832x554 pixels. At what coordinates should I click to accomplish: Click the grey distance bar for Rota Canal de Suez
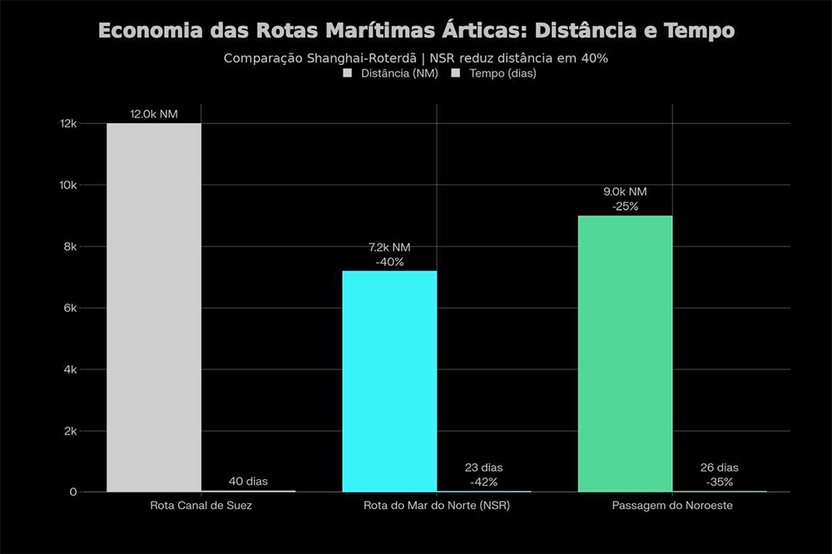pyautogui.click(x=154, y=308)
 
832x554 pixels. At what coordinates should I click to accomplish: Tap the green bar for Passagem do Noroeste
pyautogui.click(x=625, y=354)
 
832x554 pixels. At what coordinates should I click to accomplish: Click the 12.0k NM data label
pyautogui.click(x=154, y=114)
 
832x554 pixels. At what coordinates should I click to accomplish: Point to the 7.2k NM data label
pyautogui.click(x=389, y=248)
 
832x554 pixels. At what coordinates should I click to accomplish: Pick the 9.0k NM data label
pyautogui.click(x=625, y=192)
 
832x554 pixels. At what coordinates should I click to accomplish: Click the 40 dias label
pyautogui.click(x=248, y=482)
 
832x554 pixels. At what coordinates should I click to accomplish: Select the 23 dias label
pyautogui.click(x=483, y=467)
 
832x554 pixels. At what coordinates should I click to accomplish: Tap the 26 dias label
pyautogui.click(x=719, y=467)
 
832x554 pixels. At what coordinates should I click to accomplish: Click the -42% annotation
pyautogui.click(x=483, y=482)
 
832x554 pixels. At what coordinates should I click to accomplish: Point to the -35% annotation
pyautogui.click(x=719, y=482)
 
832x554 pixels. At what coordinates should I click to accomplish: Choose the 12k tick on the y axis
pyautogui.click(x=67, y=123)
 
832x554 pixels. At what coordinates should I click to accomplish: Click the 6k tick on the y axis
pyautogui.click(x=70, y=308)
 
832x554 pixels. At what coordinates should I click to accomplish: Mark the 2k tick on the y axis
pyautogui.click(x=70, y=431)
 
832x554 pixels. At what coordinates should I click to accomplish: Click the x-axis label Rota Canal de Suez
pyautogui.click(x=201, y=506)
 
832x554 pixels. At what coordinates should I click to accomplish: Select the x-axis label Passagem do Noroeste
pyautogui.click(x=672, y=506)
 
